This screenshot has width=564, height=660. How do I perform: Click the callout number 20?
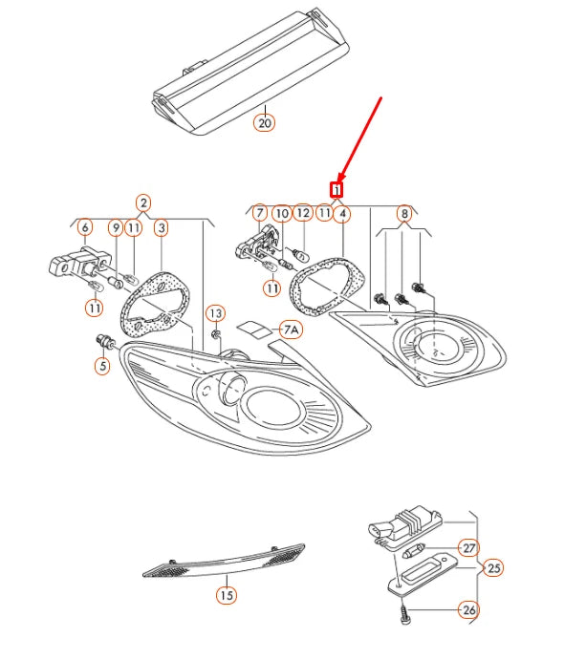click(x=264, y=122)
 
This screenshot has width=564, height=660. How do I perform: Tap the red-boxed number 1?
click(x=336, y=189)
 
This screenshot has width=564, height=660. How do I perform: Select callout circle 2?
click(x=143, y=202)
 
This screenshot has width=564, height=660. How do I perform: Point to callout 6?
click(x=84, y=228)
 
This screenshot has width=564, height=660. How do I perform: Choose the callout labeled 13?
click(x=216, y=313)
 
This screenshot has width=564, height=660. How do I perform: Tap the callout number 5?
click(x=101, y=364)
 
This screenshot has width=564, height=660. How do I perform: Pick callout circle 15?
click(x=225, y=595)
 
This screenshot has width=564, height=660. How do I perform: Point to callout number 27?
click(x=468, y=548)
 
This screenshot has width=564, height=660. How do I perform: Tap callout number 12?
click(x=302, y=213)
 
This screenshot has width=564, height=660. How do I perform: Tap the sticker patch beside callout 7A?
click(x=253, y=330)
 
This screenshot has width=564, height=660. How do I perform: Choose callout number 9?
click(x=115, y=228)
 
